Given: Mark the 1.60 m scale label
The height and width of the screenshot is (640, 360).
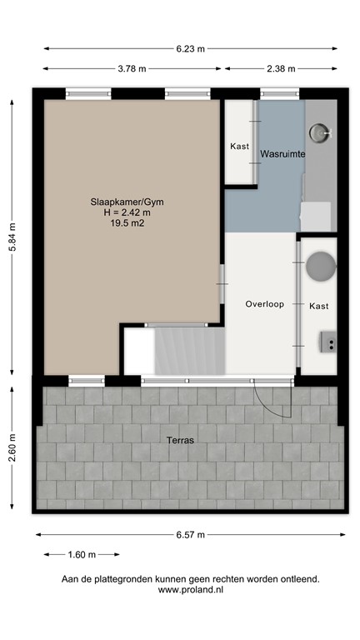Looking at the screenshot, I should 81,554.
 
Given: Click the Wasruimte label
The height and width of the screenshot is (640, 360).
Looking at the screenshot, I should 282,155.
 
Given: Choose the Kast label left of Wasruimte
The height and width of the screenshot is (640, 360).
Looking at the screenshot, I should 239,147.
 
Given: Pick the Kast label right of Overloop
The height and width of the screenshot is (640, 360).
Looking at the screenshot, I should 318,306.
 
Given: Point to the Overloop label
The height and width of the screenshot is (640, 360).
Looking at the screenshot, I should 265,304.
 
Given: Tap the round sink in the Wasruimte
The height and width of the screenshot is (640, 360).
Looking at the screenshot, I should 320,132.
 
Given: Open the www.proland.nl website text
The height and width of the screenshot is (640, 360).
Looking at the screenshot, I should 190,589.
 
